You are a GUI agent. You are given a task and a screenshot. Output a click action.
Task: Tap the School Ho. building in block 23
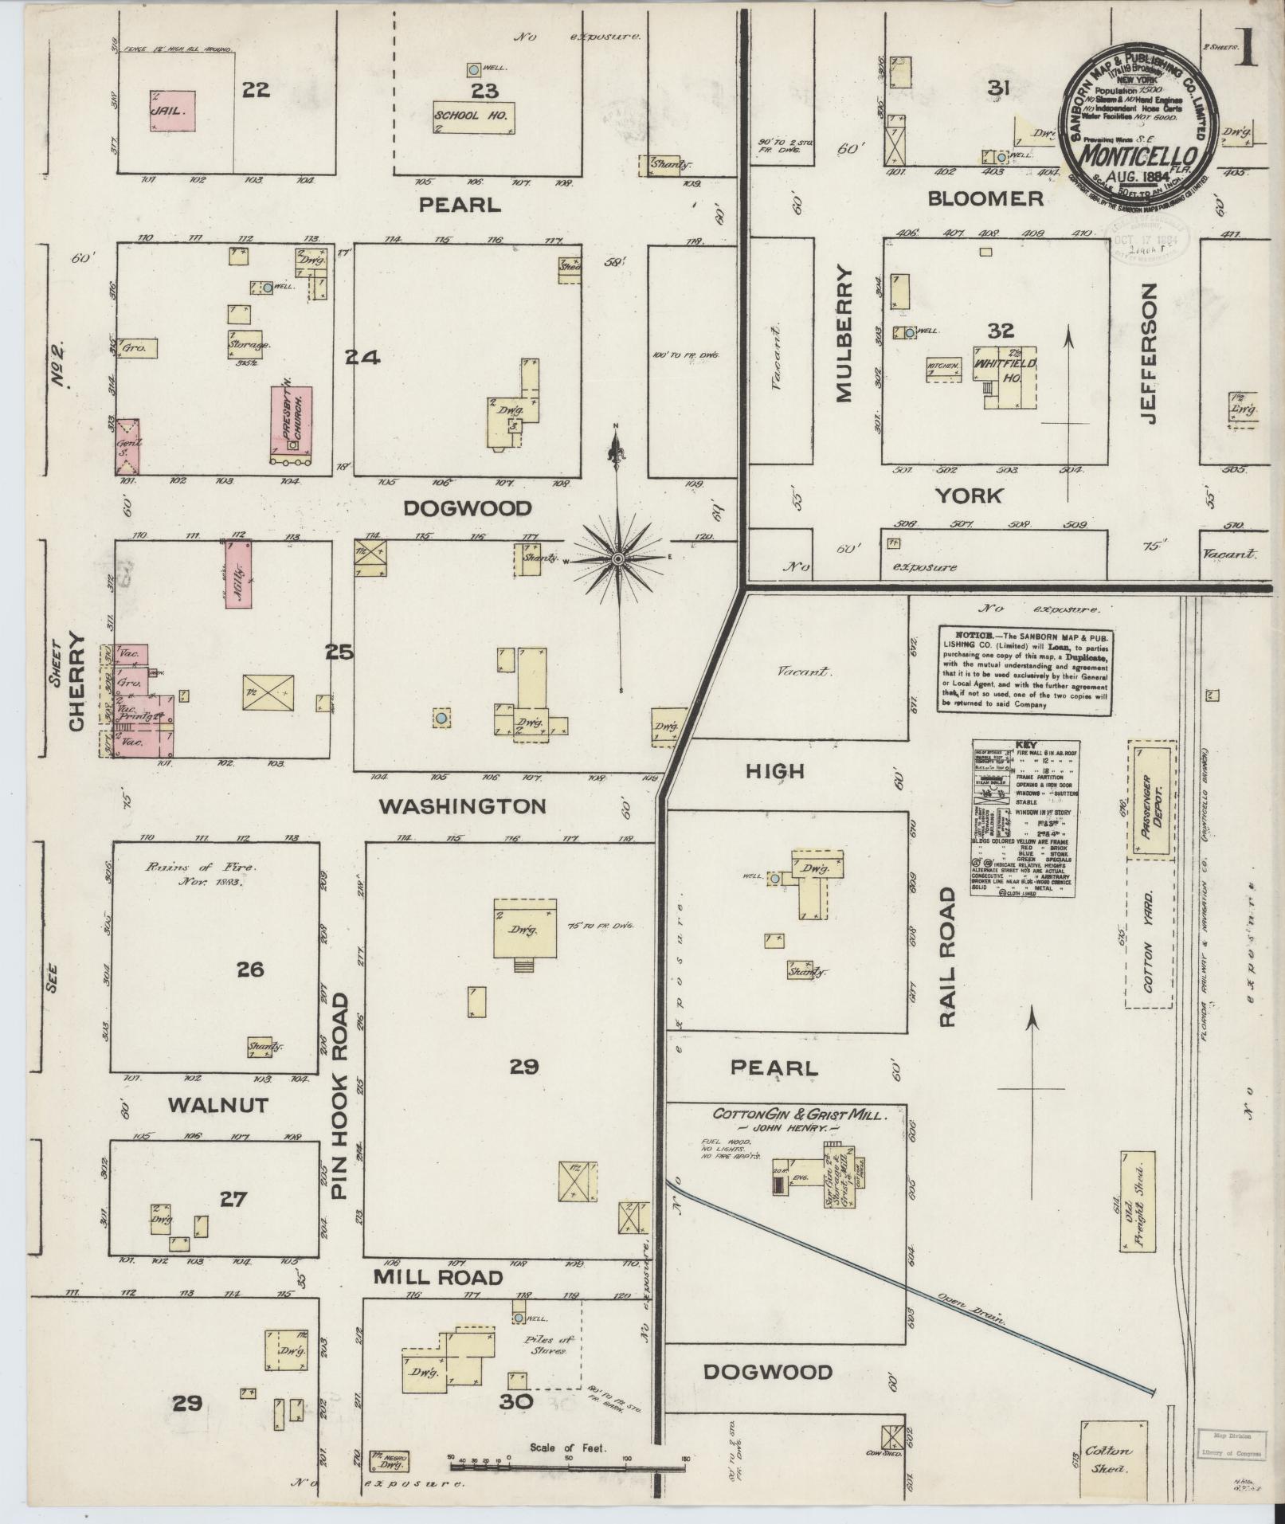click(473, 116)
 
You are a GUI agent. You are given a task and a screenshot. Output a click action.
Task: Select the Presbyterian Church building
click(291, 423)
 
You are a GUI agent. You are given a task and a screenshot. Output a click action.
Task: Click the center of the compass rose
click(617, 559)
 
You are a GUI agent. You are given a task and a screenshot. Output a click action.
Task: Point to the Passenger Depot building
click(1150, 799)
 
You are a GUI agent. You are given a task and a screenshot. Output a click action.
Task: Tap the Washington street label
click(462, 806)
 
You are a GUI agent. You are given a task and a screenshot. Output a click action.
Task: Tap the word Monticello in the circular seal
click(1140, 153)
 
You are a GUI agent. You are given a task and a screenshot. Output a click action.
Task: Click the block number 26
click(249, 970)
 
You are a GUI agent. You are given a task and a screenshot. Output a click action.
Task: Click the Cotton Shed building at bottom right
click(1113, 1457)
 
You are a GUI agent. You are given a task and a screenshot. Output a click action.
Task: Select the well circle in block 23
click(473, 69)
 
